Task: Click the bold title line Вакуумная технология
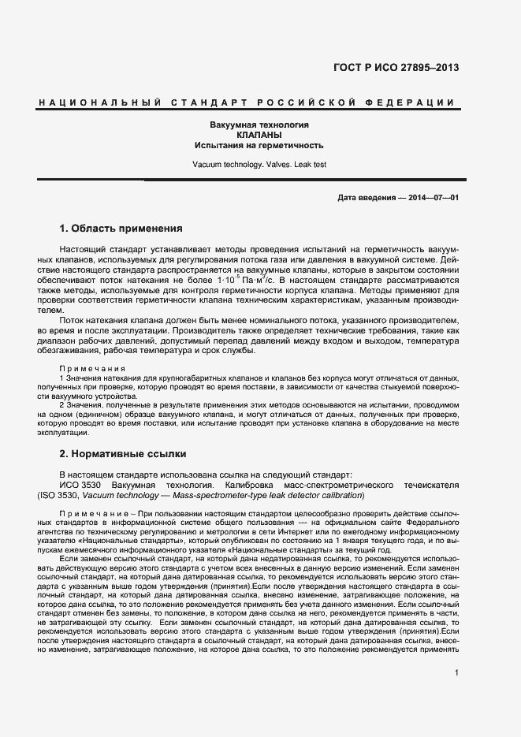click(259, 125)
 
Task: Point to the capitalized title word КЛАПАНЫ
click(259, 136)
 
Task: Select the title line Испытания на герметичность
click(259, 146)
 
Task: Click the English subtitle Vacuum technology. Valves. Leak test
click(259, 165)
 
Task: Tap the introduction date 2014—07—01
click(432, 196)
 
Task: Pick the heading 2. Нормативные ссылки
click(122, 454)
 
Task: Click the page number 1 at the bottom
click(456, 672)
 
